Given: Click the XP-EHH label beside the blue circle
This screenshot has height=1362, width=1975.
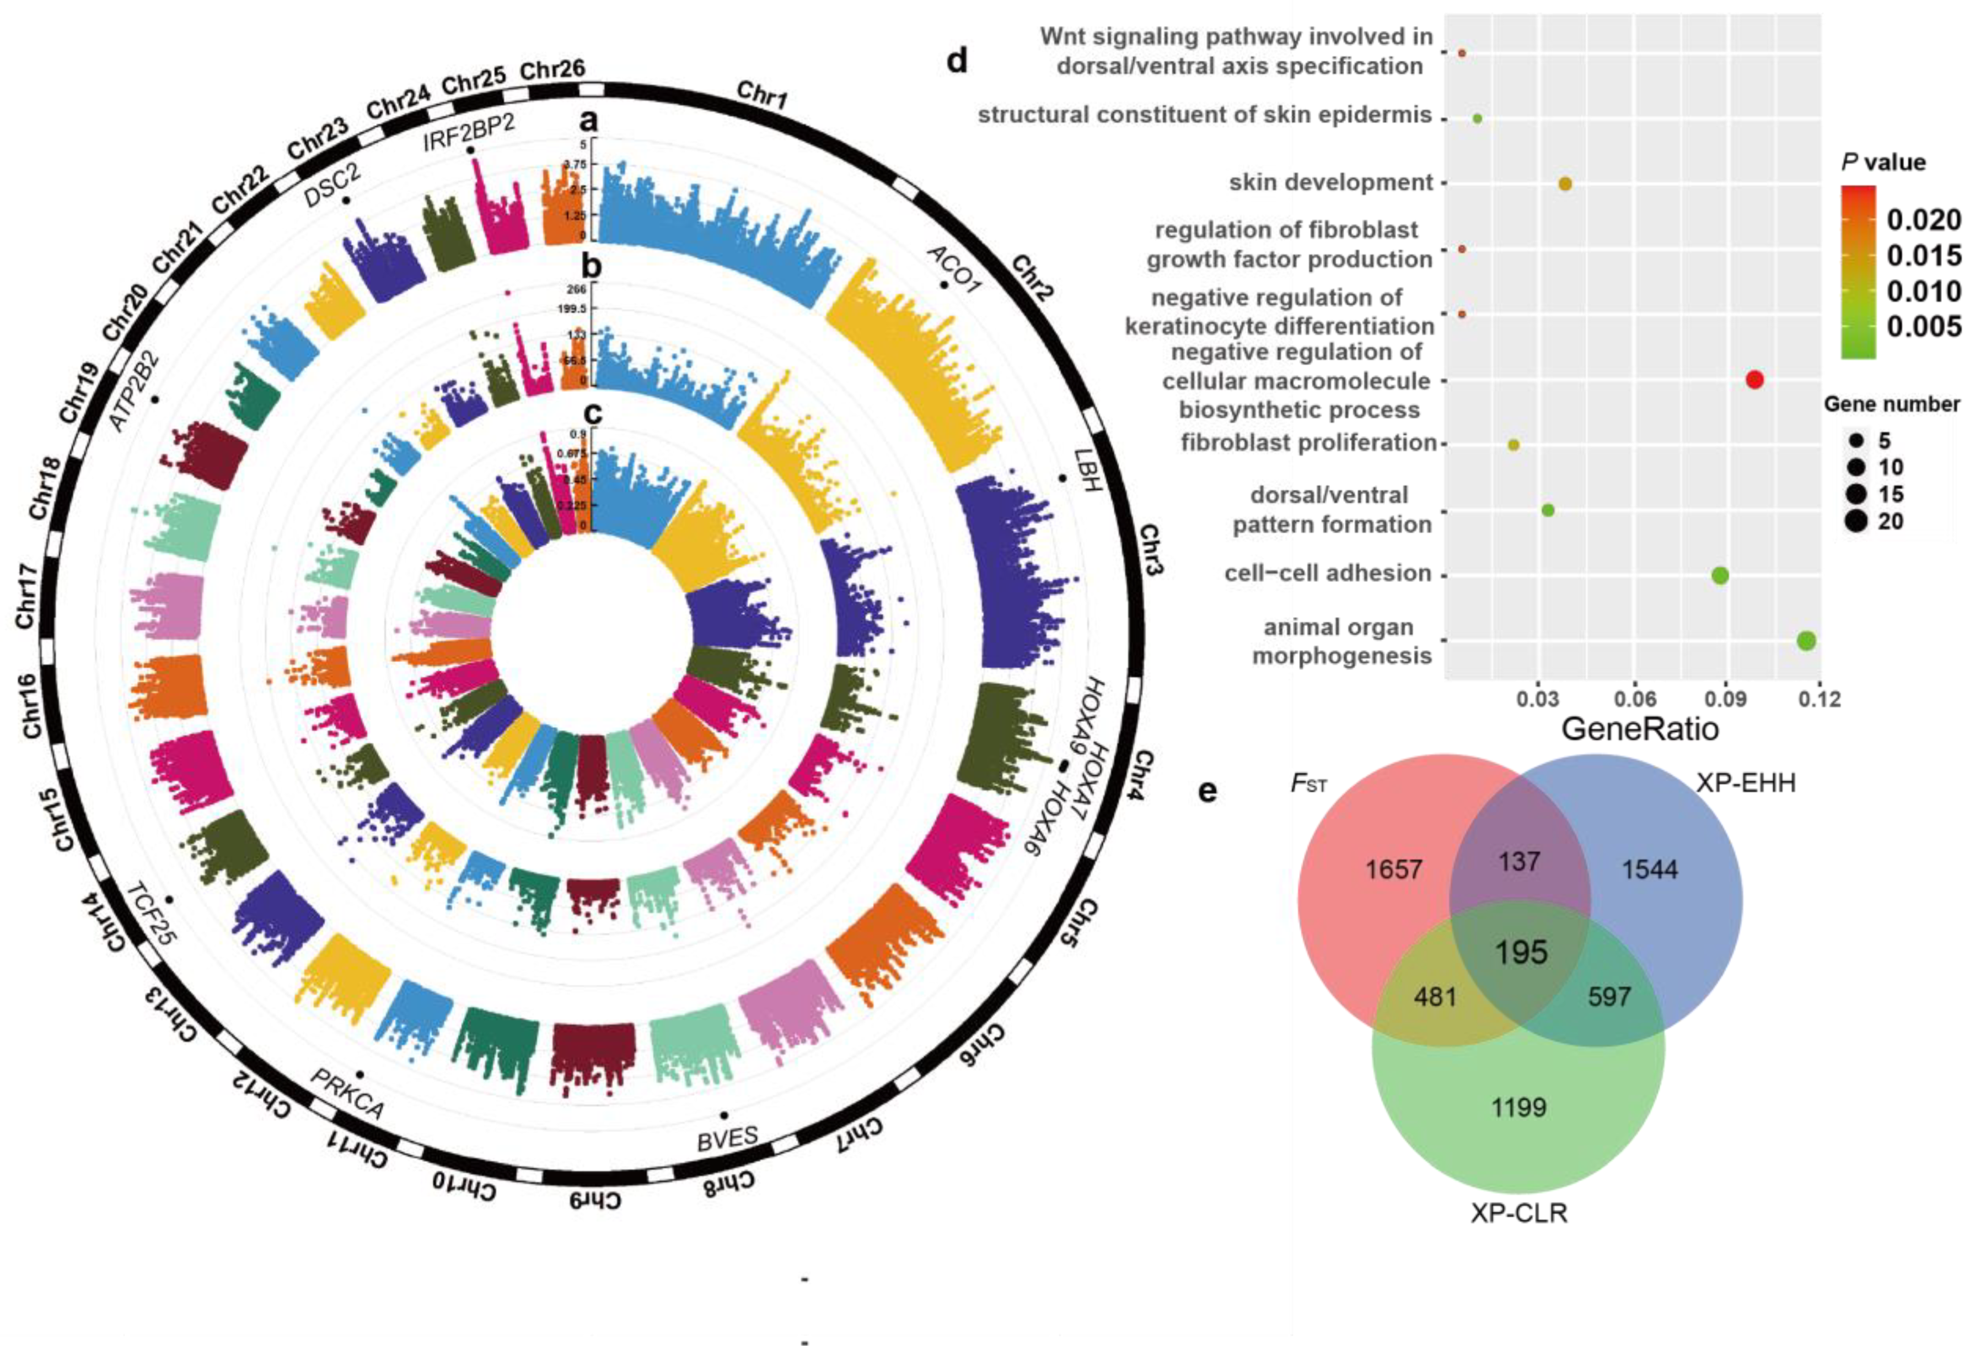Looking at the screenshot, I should pyautogui.click(x=1746, y=782).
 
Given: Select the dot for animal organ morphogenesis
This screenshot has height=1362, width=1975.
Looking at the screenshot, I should pyautogui.click(x=1806, y=641).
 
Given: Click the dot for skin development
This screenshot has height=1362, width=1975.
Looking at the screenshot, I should pyautogui.click(x=1565, y=183).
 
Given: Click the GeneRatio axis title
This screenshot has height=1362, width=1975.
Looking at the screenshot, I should pyautogui.click(x=1639, y=729).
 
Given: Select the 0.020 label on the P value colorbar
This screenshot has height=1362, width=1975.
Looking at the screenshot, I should pyautogui.click(x=1923, y=220).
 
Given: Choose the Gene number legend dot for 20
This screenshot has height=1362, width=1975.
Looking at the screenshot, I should pyautogui.click(x=1855, y=521).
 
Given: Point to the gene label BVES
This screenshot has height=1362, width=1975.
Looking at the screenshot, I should pyautogui.click(x=727, y=1138).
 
